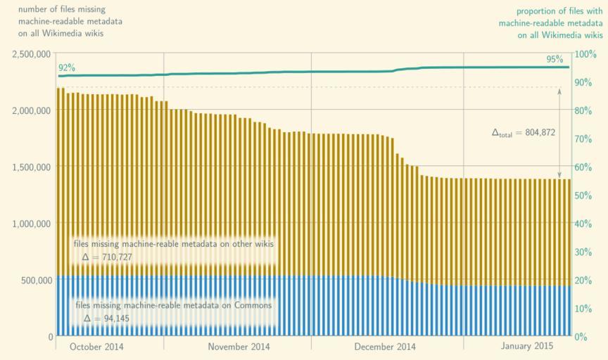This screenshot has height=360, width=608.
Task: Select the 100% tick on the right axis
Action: point(586,53)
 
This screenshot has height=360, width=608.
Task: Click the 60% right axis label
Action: point(584,167)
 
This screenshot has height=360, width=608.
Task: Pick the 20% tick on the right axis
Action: point(584,280)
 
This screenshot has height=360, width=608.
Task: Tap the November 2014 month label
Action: point(239,347)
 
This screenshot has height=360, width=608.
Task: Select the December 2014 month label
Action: point(385,347)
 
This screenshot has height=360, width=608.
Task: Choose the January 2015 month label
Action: point(526,347)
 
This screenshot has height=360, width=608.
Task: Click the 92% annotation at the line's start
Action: point(67,67)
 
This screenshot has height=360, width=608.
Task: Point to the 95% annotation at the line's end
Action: point(555,59)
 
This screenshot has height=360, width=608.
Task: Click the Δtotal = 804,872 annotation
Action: point(524,132)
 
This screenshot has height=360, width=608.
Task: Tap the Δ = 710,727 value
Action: point(108,257)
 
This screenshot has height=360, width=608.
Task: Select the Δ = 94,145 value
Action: point(106,319)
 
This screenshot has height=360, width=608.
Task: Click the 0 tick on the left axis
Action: point(50,337)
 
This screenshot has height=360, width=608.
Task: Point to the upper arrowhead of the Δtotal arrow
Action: point(559,90)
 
